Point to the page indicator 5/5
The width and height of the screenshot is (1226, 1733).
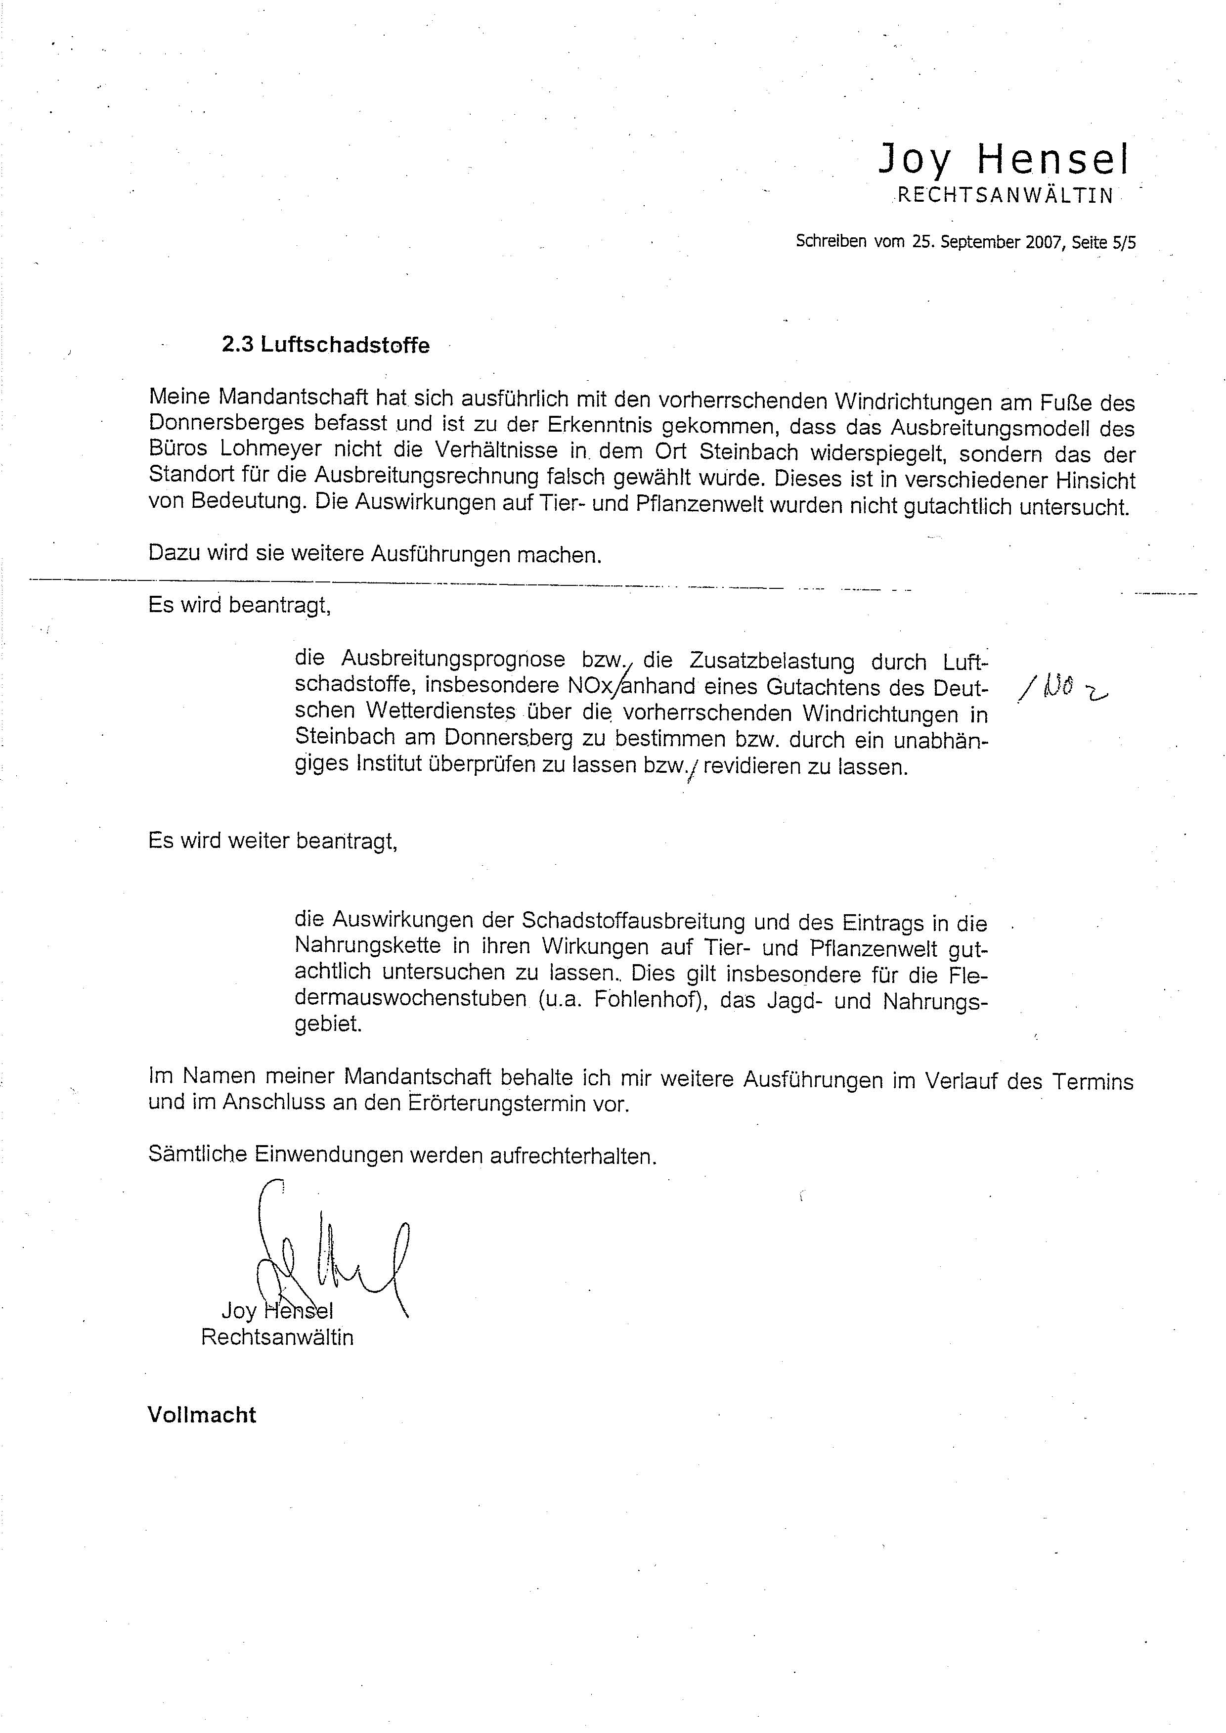point(1124,242)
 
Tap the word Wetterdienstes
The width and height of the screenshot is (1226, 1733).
point(441,711)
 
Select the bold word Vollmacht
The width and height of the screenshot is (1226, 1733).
point(202,1415)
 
